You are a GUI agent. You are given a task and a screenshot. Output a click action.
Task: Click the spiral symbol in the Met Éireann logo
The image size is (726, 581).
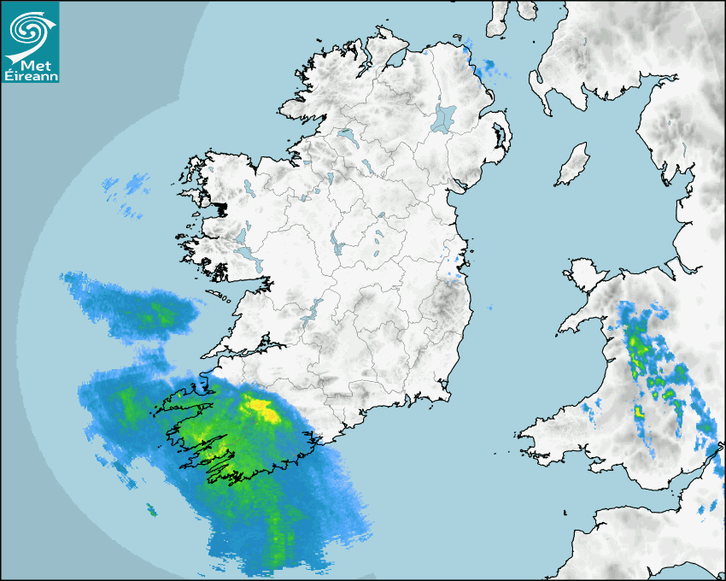click(29, 32)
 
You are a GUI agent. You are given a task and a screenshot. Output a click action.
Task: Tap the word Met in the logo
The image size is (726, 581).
click(32, 64)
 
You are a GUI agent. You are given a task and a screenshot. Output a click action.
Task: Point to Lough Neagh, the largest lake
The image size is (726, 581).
click(444, 117)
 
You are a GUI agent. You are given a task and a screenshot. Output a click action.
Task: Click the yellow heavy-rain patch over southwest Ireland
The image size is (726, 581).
click(263, 408)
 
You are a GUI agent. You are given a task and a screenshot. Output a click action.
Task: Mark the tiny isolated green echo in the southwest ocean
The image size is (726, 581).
click(151, 510)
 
